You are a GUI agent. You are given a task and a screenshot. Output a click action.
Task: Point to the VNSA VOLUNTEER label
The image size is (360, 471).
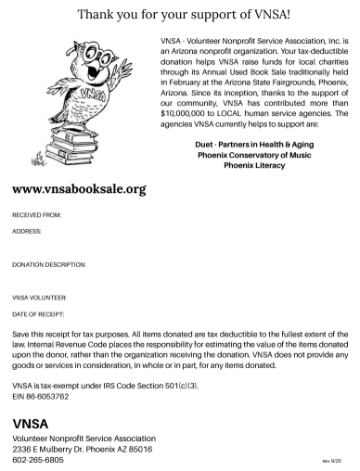[x=40, y=299]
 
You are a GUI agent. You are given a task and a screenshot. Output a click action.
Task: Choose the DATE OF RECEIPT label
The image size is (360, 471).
[x=38, y=315]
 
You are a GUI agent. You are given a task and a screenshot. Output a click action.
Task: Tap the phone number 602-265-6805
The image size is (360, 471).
[x=38, y=459]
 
